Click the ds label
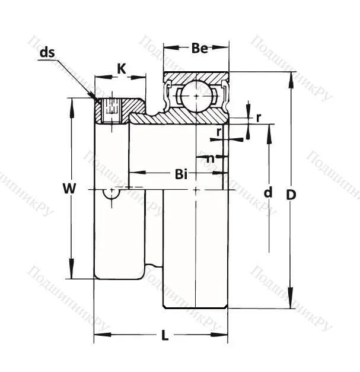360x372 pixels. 47,53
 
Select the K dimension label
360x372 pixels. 121,69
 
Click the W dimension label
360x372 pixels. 69,189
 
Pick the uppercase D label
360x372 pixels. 291,194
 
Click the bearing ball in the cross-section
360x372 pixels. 195,95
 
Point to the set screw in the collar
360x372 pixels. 111,110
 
